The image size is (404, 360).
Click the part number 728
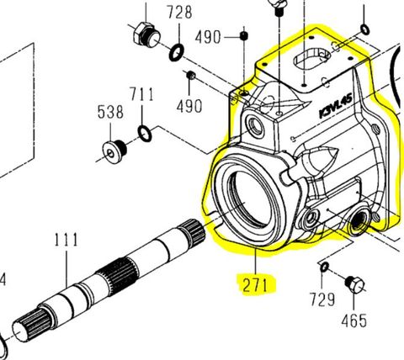(178, 13)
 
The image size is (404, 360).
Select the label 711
(141, 93)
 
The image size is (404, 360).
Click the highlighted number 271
(258, 284)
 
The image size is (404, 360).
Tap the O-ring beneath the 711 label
(145, 132)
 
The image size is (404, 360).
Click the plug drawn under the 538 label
(114, 151)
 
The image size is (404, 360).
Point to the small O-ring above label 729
(325, 267)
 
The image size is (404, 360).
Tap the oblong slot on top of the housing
(314, 61)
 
